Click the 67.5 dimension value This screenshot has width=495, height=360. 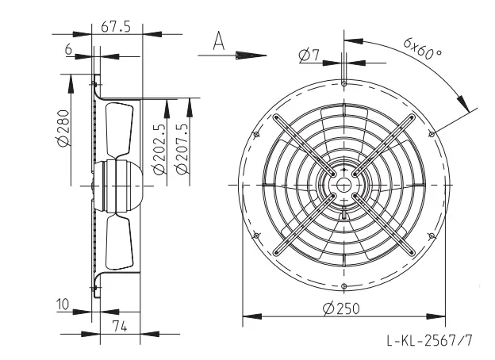pyautogui.click(x=116, y=27)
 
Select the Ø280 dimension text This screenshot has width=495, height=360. pyautogui.click(x=63, y=128)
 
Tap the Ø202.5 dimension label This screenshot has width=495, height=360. pyautogui.click(x=159, y=148)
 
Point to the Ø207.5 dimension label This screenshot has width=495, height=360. pyautogui.click(x=182, y=148)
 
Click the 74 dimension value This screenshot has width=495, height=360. pyautogui.click(x=120, y=326)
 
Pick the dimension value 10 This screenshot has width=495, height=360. pyautogui.click(x=63, y=304)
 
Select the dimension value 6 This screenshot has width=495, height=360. pyautogui.click(x=68, y=49)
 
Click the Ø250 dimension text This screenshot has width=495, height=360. pyautogui.click(x=341, y=308)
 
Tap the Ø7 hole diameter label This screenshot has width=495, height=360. pyautogui.click(x=309, y=55)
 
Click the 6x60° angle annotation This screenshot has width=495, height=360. pyautogui.click(x=422, y=48)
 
